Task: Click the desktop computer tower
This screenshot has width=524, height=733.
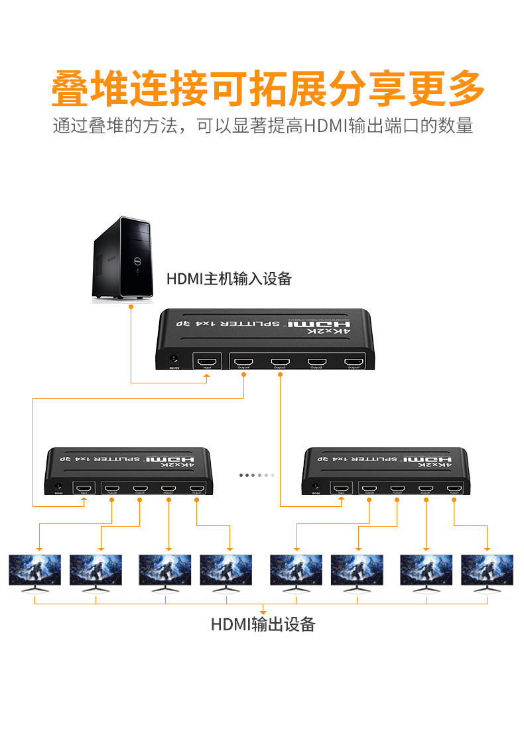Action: click(124, 259)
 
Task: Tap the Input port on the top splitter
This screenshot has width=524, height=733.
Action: click(208, 362)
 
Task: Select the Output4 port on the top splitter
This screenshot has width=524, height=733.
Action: click(244, 362)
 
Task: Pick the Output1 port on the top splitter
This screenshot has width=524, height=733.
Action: click(353, 362)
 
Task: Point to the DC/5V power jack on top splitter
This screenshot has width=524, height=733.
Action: click(174, 360)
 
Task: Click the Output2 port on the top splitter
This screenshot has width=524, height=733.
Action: click(316, 362)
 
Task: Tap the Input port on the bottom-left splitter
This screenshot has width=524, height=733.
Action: click(84, 490)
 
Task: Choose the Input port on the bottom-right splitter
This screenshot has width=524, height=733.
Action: click(340, 490)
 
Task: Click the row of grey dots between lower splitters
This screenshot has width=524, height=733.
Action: click(256, 475)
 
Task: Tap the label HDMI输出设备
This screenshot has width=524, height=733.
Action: click(263, 624)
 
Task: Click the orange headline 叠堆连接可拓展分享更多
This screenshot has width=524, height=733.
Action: click(262, 88)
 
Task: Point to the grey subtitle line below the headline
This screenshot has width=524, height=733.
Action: click(262, 125)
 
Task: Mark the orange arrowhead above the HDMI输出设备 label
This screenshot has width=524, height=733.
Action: click(263, 612)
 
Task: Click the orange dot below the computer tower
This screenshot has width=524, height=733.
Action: click(131, 306)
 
